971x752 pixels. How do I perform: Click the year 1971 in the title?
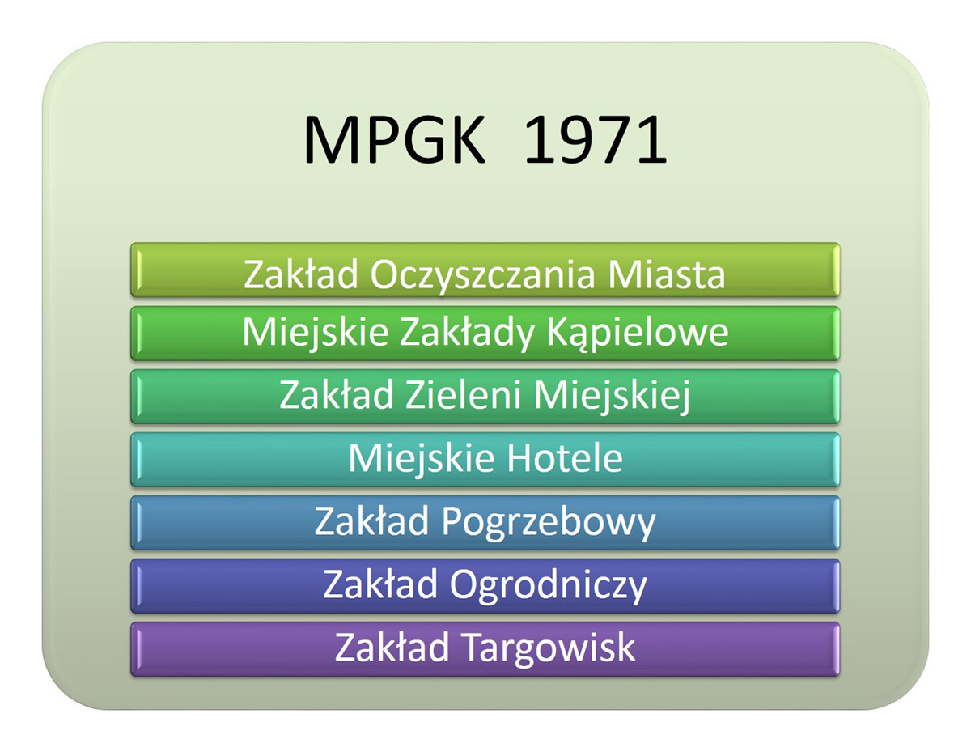[x=596, y=139]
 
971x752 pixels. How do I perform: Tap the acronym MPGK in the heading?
[x=395, y=139]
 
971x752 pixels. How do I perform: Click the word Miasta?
[x=666, y=274]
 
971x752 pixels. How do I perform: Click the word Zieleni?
[x=463, y=394]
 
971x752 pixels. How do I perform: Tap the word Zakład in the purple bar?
[x=392, y=648]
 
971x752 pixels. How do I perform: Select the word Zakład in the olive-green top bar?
[x=301, y=274]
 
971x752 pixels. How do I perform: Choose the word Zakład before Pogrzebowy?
[x=371, y=521]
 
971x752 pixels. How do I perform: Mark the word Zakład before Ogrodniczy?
[x=379, y=584]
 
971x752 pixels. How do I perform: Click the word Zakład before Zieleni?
[x=336, y=394]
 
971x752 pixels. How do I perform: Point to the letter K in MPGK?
[x=468, y=139]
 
